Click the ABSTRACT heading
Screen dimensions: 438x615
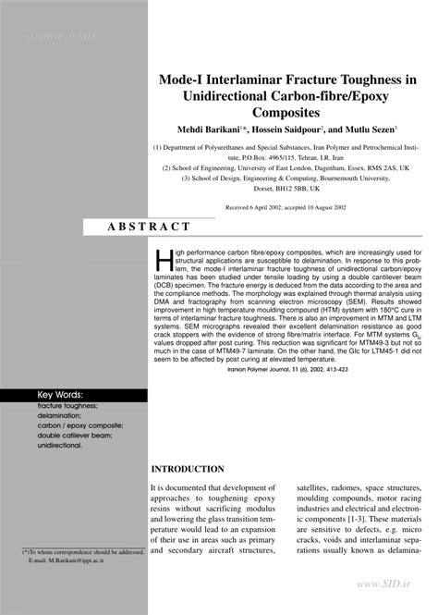tap(150, 227)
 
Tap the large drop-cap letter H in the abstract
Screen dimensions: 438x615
tap(163, 259)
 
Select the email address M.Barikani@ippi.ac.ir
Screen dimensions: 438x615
tap(72, 560)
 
